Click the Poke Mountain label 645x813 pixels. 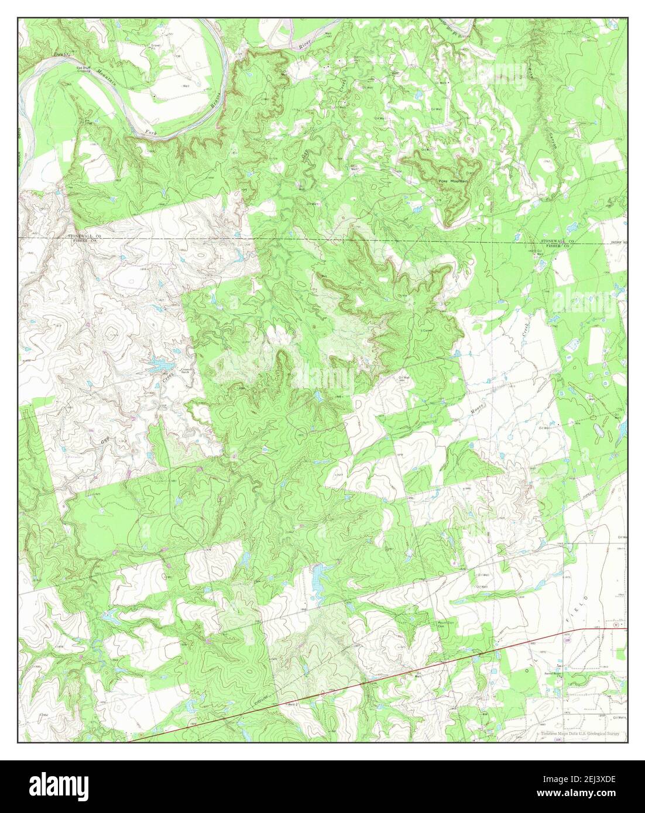pos(453,181)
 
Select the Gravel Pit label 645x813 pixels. pos(156,46)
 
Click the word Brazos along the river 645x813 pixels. pos(215,100)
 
